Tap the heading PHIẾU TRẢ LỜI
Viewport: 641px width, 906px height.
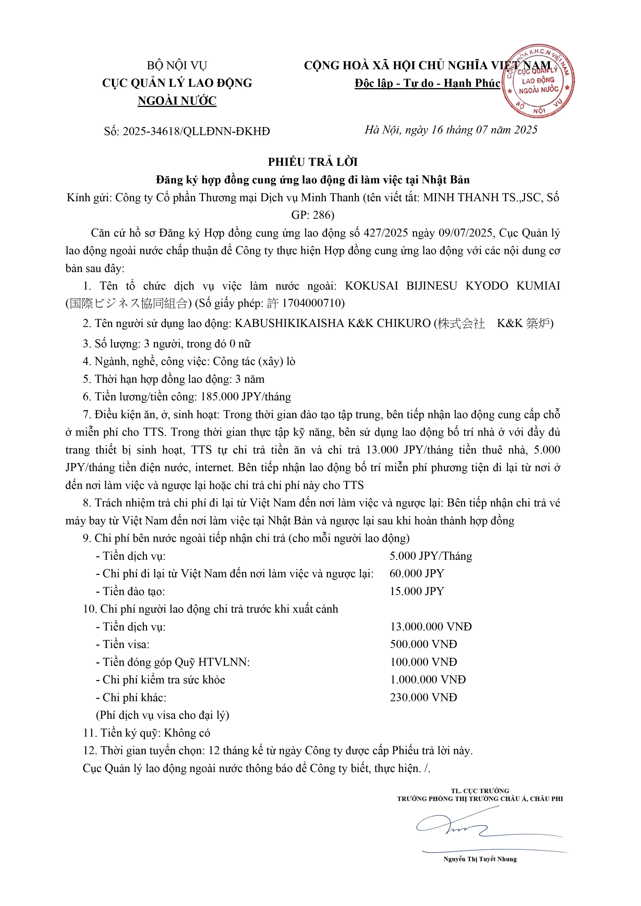313,162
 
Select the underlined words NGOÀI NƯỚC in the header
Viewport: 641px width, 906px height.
177,101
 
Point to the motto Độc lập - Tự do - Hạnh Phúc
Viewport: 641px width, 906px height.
427,83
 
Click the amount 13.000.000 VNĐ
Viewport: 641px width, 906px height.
431,627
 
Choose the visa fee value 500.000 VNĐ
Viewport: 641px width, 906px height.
423,644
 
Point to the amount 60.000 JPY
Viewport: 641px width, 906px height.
417,573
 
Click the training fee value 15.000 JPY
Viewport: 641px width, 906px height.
417,591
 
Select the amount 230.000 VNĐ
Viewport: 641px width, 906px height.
423,697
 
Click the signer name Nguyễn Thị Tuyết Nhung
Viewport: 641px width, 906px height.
480,859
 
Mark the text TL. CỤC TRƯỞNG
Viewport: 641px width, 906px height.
480,791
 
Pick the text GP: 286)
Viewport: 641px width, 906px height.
313,215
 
